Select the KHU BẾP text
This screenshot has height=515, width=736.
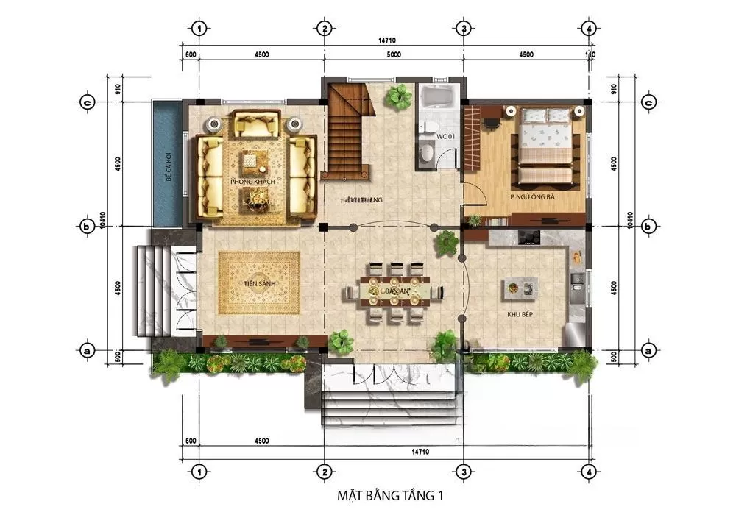click(x=520, y=314)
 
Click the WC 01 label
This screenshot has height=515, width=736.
click(x=446, y=138)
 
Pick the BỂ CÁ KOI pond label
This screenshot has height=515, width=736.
click(x=169, y=167)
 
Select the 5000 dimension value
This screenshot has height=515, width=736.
click(x=393, y=54)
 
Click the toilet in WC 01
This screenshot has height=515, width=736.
click(x=425, y=152)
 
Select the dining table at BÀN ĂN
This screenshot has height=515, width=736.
click(x=396, y=292)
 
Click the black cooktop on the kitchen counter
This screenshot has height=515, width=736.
click(x=528, y=237)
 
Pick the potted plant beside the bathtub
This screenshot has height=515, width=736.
click(x=400, y=96)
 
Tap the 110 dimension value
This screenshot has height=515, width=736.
click(x=590, y=54)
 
